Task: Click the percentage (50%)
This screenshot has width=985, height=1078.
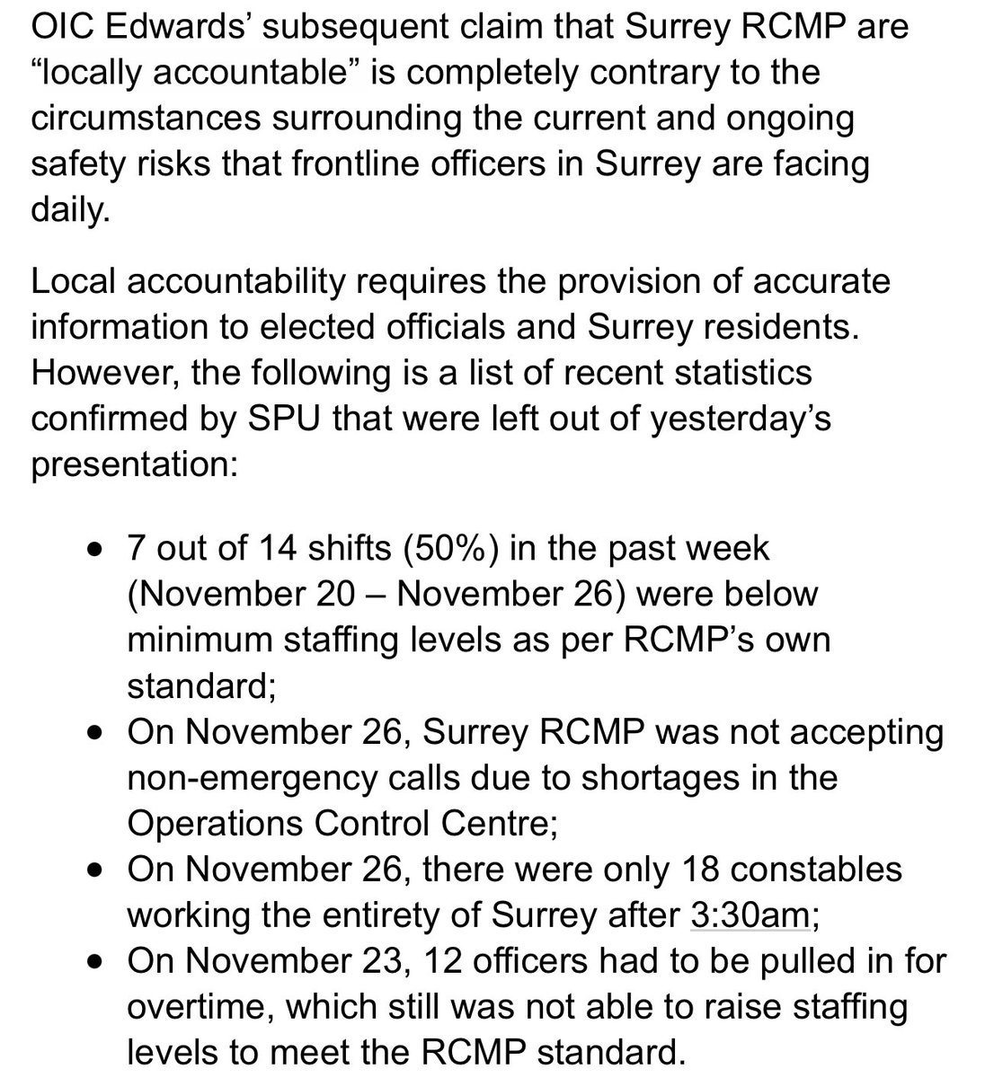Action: point(447,548)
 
